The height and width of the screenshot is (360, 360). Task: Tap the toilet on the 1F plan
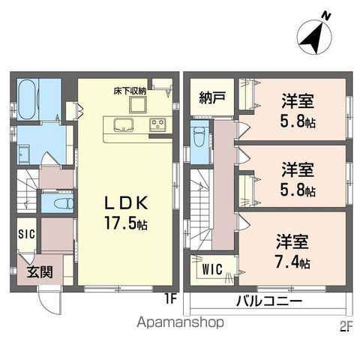point(56,204)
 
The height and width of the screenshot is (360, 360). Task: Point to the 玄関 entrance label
point(40,271)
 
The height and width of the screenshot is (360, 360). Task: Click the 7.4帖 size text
point(294,262)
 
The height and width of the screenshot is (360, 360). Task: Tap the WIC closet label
point(211,268)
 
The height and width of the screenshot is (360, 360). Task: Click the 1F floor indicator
point(170,298)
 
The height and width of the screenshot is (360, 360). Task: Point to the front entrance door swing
point(49,300)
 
